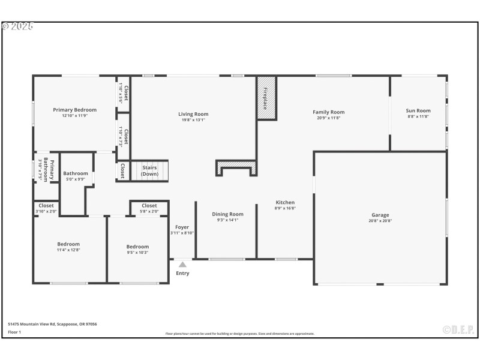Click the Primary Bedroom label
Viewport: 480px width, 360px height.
(74, 110)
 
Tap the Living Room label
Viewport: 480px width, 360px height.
(193, 114)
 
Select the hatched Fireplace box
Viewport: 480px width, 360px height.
(266, 98)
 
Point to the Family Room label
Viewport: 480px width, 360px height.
(328, 112)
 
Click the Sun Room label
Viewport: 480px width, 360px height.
(418, 110)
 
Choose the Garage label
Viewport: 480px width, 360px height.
(380, 215)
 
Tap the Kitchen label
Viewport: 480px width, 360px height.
(285, 202)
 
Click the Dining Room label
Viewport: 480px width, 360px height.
(227, 214)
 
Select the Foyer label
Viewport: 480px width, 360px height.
(182, 227)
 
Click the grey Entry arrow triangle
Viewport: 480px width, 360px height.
(182, 265)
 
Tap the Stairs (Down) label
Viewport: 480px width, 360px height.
(149, 171)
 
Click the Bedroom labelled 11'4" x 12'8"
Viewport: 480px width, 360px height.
(68, 244)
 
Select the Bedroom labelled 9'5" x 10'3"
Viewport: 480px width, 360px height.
(137, 247)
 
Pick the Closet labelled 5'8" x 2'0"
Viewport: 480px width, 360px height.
(149, 206)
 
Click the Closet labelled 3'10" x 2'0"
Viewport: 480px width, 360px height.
(46, 206)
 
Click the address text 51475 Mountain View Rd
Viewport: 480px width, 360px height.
(52, 324)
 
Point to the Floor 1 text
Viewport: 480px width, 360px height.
(14, 331)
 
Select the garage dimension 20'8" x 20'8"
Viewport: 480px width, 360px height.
(380, 221)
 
